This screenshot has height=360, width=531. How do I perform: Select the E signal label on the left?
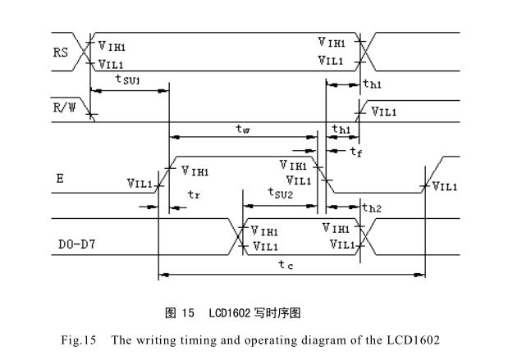pyautogui.click(x=59, y=176)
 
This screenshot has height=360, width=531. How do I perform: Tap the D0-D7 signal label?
pyautogui.click(x=75, y=244)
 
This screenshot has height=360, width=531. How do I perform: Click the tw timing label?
pyautogui.click(x=242, y=128)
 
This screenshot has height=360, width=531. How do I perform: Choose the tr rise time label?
pyautogui.click(x=193, y=194)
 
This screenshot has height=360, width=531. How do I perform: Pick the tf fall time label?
pyautogui.click(x=355, y=151)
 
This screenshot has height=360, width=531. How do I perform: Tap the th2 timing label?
pyautogui.click(x=372, y=209)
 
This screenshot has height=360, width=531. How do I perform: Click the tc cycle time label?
pyautogui.click(x=285, y=264)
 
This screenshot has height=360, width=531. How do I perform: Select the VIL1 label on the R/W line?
pyautogui.click(x=386, y=111)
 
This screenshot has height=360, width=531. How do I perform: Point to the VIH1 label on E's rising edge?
pyautogui.click(x=195, y=171)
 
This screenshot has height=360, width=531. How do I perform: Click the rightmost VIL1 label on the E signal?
pyautogui.click(x=444, y=186)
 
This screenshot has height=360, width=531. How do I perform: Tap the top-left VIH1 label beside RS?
pyautogui.click(x=112, y=47)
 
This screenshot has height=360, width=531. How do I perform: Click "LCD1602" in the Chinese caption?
pyautogui.click(x=231, y=312)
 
